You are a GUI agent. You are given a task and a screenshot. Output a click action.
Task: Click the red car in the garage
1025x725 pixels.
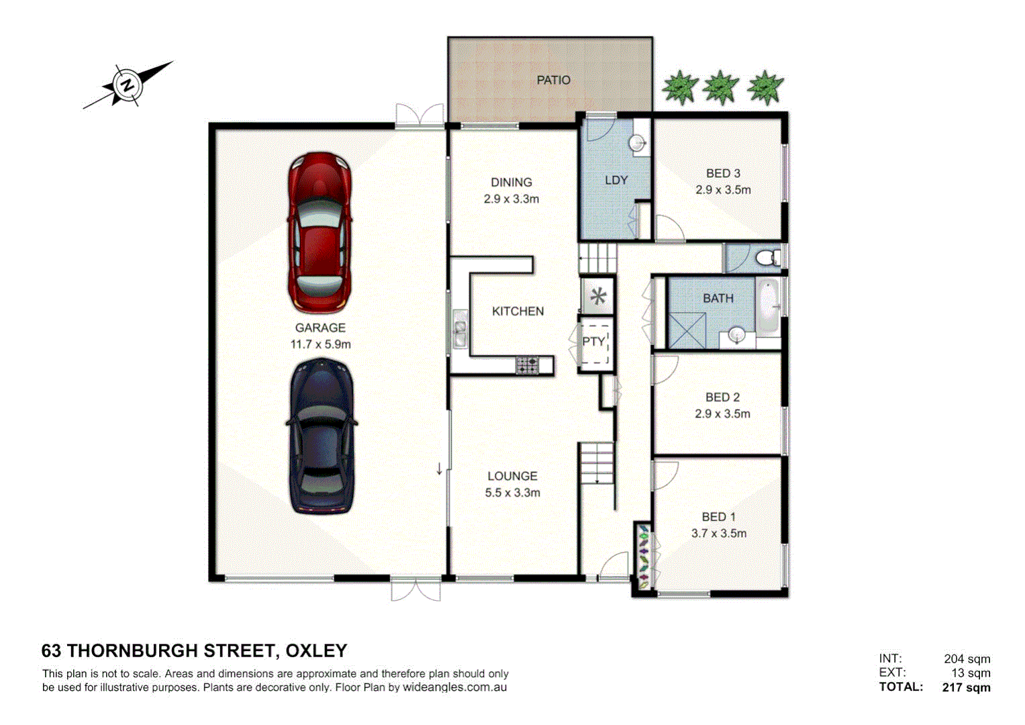320,232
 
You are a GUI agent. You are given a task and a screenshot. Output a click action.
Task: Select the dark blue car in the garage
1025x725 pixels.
322,436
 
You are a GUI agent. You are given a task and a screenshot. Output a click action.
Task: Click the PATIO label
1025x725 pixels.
553,81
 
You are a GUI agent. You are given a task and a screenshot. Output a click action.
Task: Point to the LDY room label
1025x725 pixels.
616,181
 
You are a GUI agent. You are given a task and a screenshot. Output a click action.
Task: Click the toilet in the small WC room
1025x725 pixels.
767,258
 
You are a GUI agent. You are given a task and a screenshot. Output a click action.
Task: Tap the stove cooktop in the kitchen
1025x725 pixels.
527,365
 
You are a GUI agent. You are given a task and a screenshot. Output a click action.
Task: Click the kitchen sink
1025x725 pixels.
460,329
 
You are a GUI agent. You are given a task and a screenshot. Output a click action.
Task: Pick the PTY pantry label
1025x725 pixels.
593,342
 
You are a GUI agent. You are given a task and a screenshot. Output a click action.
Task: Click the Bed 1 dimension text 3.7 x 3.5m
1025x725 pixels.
718,534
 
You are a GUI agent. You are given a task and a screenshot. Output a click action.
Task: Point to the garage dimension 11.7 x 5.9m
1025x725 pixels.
320,345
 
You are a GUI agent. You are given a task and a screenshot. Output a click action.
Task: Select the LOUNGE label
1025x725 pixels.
512,476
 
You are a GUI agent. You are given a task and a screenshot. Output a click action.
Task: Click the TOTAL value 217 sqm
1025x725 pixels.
966,687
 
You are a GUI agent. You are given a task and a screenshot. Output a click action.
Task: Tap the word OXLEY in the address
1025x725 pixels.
316,651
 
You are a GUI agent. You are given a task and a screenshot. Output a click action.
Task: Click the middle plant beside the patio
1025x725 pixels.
720,88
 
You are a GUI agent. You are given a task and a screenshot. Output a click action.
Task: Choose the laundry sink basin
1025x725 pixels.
637,142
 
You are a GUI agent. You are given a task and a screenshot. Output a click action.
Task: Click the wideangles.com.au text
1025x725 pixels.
454,687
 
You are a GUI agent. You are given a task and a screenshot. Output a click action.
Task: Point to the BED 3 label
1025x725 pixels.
723,174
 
